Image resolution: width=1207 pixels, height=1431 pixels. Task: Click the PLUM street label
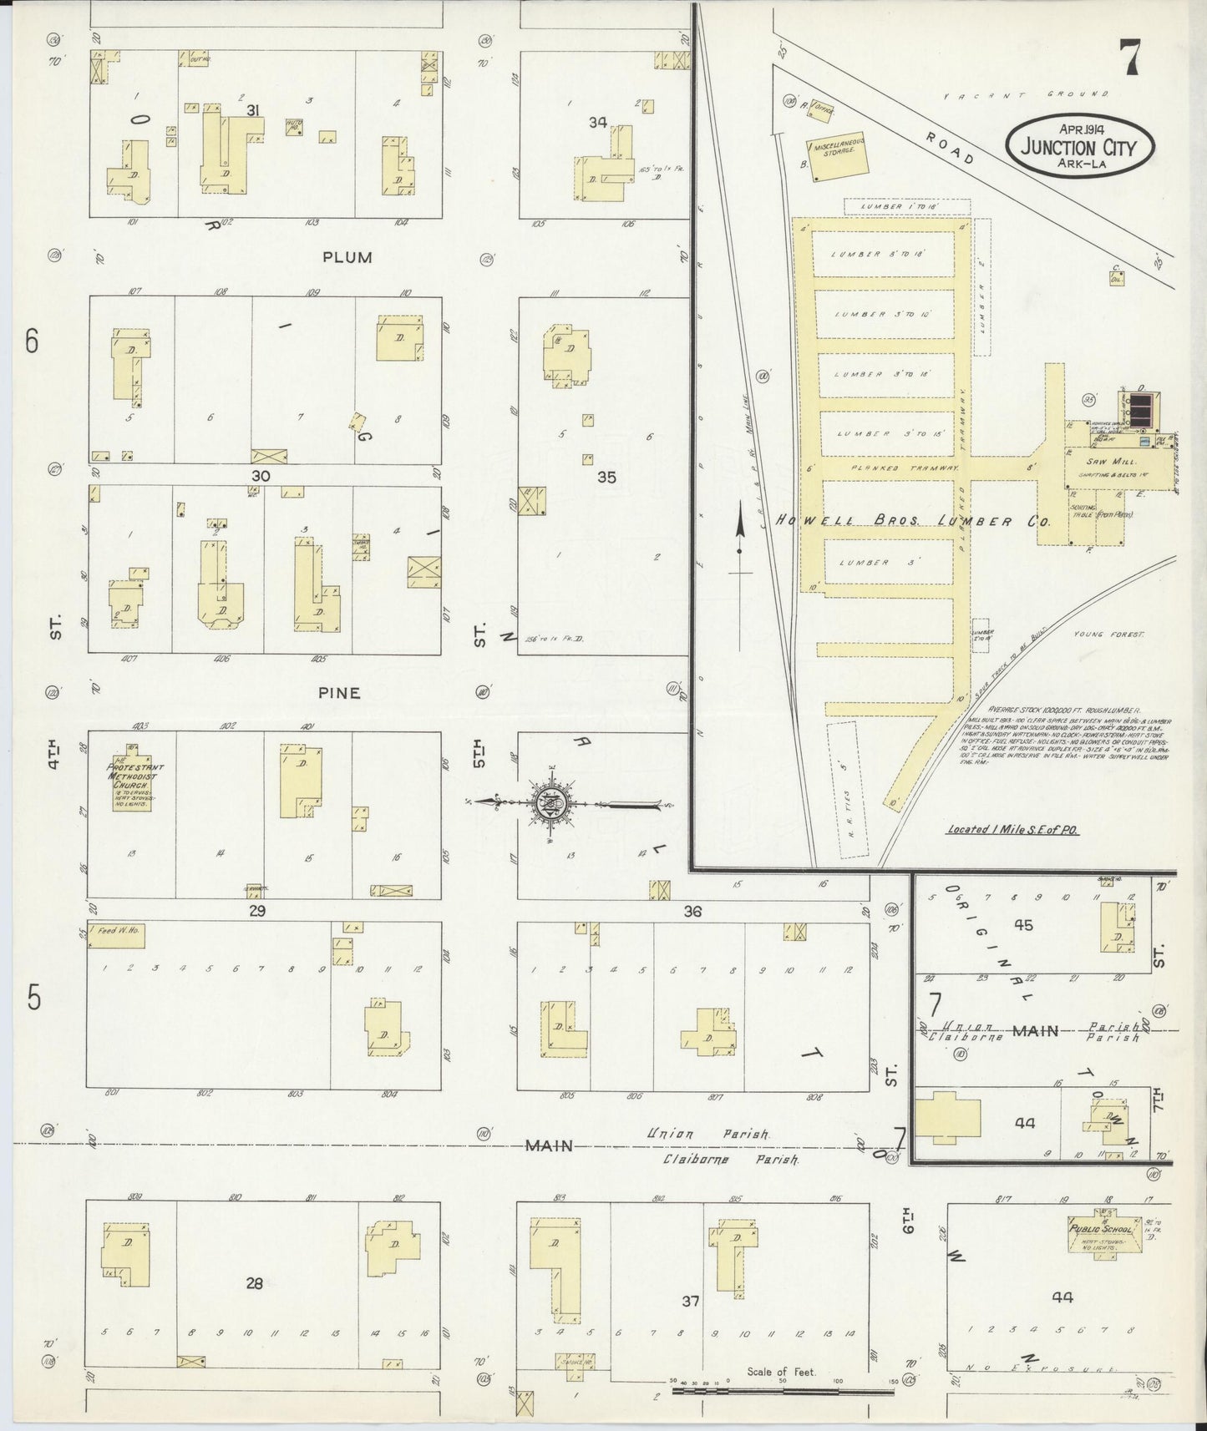coord(347,257)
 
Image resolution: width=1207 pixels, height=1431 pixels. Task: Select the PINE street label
coord(340,692)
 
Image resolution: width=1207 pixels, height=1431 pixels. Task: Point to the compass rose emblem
coord(552,803)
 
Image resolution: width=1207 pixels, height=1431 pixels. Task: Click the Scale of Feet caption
coord(782,1372)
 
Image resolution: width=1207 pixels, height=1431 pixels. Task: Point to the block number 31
coord(255,110)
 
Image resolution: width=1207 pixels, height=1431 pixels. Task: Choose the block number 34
coord(596,123)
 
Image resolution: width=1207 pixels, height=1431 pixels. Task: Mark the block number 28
coord(254,1283)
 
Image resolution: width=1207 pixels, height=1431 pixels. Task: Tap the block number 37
coord(690,1300)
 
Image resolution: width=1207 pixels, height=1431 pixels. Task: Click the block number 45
coord(1023,925)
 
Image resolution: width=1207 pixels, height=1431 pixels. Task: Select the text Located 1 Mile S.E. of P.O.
coord(1003,830)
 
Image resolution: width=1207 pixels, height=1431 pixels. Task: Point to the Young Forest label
coord(1109,635)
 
